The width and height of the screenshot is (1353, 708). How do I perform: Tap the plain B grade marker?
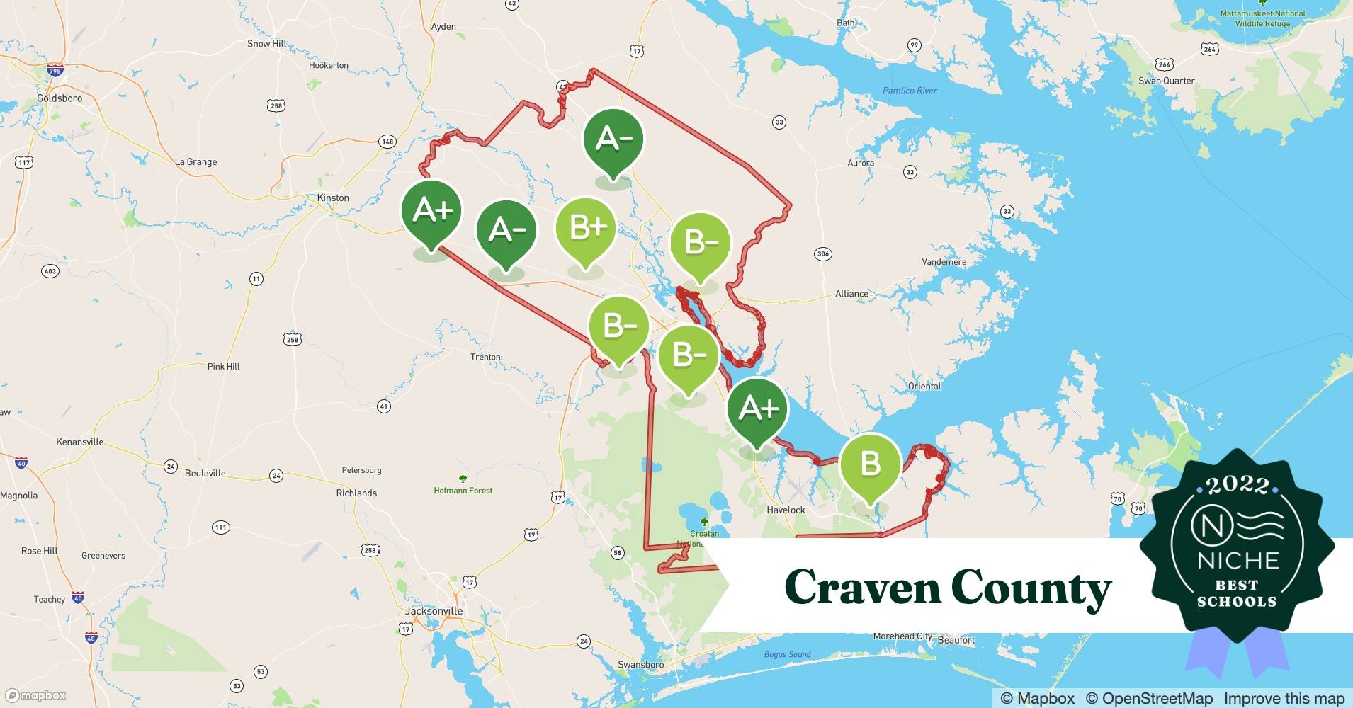point(870,464)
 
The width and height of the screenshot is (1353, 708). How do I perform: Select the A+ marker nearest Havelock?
point(757,409)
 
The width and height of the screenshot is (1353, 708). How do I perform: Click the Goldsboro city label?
point(60,98)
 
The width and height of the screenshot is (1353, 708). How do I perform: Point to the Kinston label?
point(332,198)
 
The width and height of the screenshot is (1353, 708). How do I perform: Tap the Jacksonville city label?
point(434,611)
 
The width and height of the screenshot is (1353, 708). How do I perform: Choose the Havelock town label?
point(786,510)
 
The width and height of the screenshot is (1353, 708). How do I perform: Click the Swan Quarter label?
point(1166,81)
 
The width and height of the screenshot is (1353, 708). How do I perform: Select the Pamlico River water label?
point(910,91)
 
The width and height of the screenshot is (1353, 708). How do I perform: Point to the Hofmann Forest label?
point(463,490)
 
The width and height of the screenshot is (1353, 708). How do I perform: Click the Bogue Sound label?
point(787,654)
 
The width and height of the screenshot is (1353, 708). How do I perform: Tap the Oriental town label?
point(924,386)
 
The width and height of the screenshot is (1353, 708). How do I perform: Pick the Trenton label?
point(485,357)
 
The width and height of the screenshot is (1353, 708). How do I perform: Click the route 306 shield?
point(822,254)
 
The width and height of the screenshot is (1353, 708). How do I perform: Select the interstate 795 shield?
point(55,71)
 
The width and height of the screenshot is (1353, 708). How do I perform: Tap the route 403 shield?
point(50,271)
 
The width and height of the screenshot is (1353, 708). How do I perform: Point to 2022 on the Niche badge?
point(1237,485)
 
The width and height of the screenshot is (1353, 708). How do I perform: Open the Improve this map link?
point(1284,698)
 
